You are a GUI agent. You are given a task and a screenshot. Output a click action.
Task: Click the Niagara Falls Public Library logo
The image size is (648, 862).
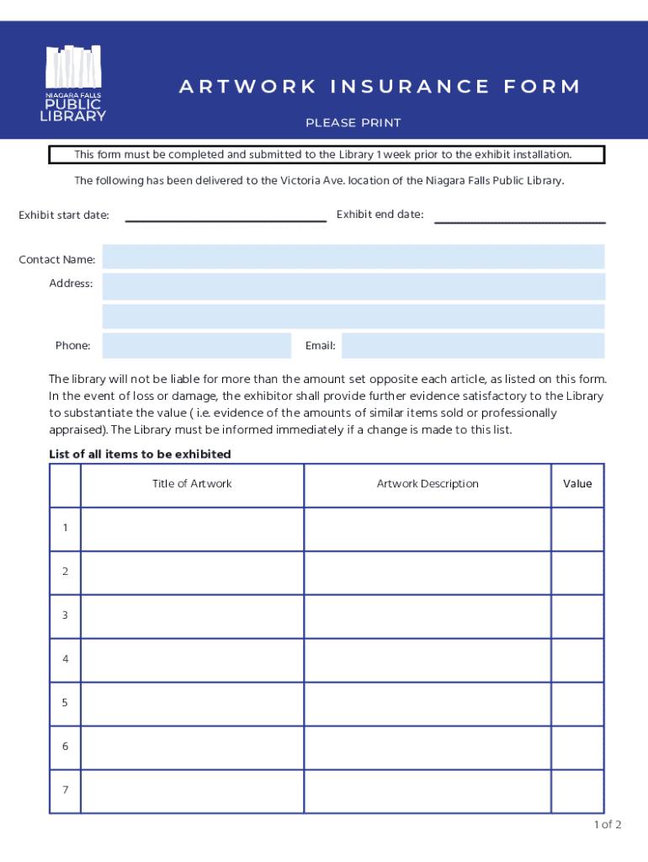[75, 83]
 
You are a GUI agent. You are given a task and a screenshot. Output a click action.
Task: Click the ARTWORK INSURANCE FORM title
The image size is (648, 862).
[380, 87]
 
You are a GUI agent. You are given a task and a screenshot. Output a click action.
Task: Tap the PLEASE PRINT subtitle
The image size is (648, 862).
[353, 123]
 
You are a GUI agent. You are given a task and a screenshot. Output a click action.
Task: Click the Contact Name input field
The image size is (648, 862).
[353, 258]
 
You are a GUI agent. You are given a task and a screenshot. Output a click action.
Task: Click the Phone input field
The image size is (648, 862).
[196, 345]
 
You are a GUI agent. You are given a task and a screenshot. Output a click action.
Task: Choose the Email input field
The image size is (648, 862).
[473, 345]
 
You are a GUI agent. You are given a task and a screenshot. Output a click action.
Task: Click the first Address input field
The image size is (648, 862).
[353, 286]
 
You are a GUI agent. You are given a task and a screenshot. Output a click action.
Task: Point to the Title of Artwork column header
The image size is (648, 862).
[192, 484]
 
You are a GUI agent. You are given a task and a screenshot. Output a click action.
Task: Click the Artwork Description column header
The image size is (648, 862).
[428, 484]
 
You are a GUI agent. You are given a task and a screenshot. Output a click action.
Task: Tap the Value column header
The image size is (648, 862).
[577, 484]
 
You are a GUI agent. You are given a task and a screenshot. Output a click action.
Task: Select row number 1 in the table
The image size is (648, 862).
[65, 529]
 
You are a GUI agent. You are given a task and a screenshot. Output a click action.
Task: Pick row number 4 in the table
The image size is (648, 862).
[65, 660]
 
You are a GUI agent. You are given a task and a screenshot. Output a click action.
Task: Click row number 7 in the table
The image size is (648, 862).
[65, 790]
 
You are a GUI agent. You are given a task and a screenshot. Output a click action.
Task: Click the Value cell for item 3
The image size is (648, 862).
[577, 616]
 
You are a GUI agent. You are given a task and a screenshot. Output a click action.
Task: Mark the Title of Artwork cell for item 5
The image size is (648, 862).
[192, 704]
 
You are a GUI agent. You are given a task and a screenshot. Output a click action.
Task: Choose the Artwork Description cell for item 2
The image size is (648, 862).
[428, 572]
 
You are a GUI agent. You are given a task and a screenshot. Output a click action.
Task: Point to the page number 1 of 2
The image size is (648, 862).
[607, 825]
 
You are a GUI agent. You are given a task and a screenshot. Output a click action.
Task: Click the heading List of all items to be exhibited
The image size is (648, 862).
[140, 455]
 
